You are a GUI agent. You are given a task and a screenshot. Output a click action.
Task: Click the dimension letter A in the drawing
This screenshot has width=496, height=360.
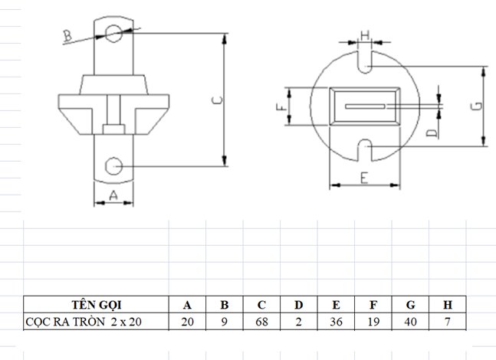point(113,195)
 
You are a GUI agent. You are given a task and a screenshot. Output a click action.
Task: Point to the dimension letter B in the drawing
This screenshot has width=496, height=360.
point(67,36)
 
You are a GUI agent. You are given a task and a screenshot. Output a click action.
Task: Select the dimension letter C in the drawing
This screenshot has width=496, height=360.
point(217,100)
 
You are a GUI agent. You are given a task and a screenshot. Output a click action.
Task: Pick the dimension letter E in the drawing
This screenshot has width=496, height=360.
point(364,178)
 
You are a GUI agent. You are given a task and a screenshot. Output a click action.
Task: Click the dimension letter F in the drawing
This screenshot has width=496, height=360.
point(281,107)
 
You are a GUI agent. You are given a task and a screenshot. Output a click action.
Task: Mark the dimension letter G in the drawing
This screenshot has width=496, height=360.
point(478,106)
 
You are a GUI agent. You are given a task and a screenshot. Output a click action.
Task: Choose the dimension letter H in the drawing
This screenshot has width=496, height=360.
point(365,35)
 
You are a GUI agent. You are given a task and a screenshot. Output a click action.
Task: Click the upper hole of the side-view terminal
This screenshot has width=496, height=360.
point(113,34)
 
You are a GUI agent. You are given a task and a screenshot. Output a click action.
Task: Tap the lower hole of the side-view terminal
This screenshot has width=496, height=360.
point(113,166)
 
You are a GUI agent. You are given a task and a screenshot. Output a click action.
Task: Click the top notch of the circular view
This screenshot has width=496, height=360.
point(365,62)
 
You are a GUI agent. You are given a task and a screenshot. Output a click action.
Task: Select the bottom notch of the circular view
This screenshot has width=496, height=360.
point(365,150)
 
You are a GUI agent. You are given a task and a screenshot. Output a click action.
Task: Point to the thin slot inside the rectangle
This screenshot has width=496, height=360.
point(365,106)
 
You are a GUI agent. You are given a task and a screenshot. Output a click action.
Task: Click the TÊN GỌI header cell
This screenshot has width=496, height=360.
point(96,305)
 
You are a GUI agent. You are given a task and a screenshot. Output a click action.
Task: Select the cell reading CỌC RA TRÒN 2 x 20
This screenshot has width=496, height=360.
point(96,322)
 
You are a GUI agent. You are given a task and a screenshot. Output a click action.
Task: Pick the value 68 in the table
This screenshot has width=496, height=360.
point(261,322)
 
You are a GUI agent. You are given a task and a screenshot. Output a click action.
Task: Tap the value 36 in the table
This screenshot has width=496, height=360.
point(336,322)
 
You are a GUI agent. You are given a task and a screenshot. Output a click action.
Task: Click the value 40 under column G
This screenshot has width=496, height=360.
point(410,322)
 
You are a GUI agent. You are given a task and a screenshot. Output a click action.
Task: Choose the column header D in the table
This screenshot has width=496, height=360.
point(299,305)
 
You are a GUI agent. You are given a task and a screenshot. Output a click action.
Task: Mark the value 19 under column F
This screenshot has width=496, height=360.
point(373,322)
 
